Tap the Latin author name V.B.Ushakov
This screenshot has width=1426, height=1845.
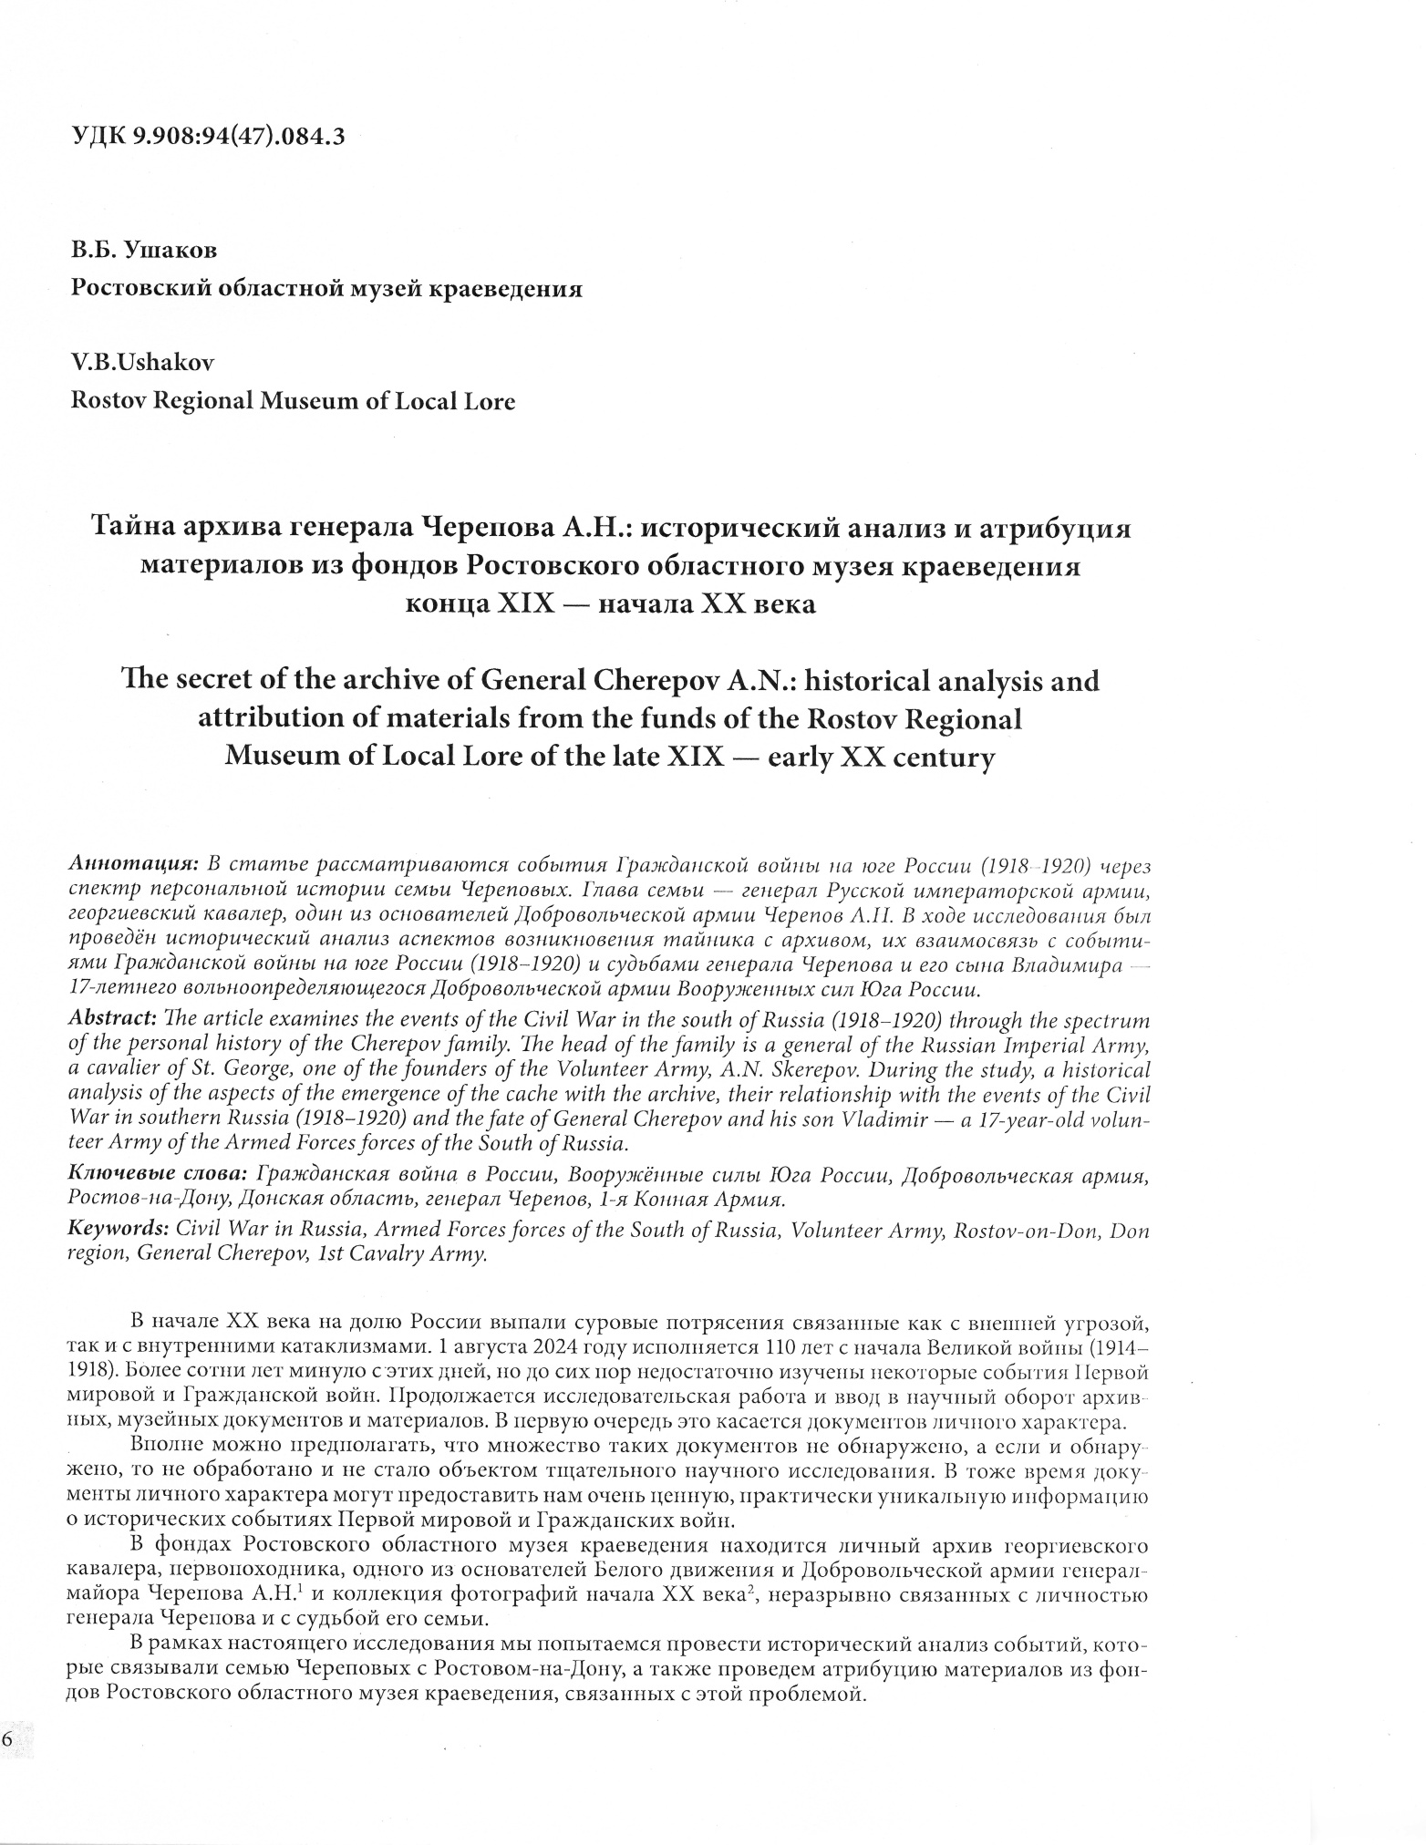pos(142,362)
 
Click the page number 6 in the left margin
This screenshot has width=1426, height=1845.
pos(7,1737)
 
